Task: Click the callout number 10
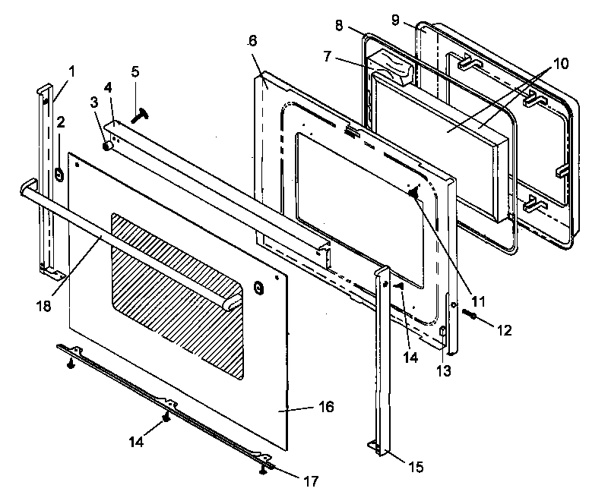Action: click(560, 63)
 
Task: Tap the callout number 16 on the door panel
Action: click(325, 408)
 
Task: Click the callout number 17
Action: click(310, 481)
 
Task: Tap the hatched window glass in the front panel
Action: click(179, 292)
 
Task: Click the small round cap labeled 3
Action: click(108, 144)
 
